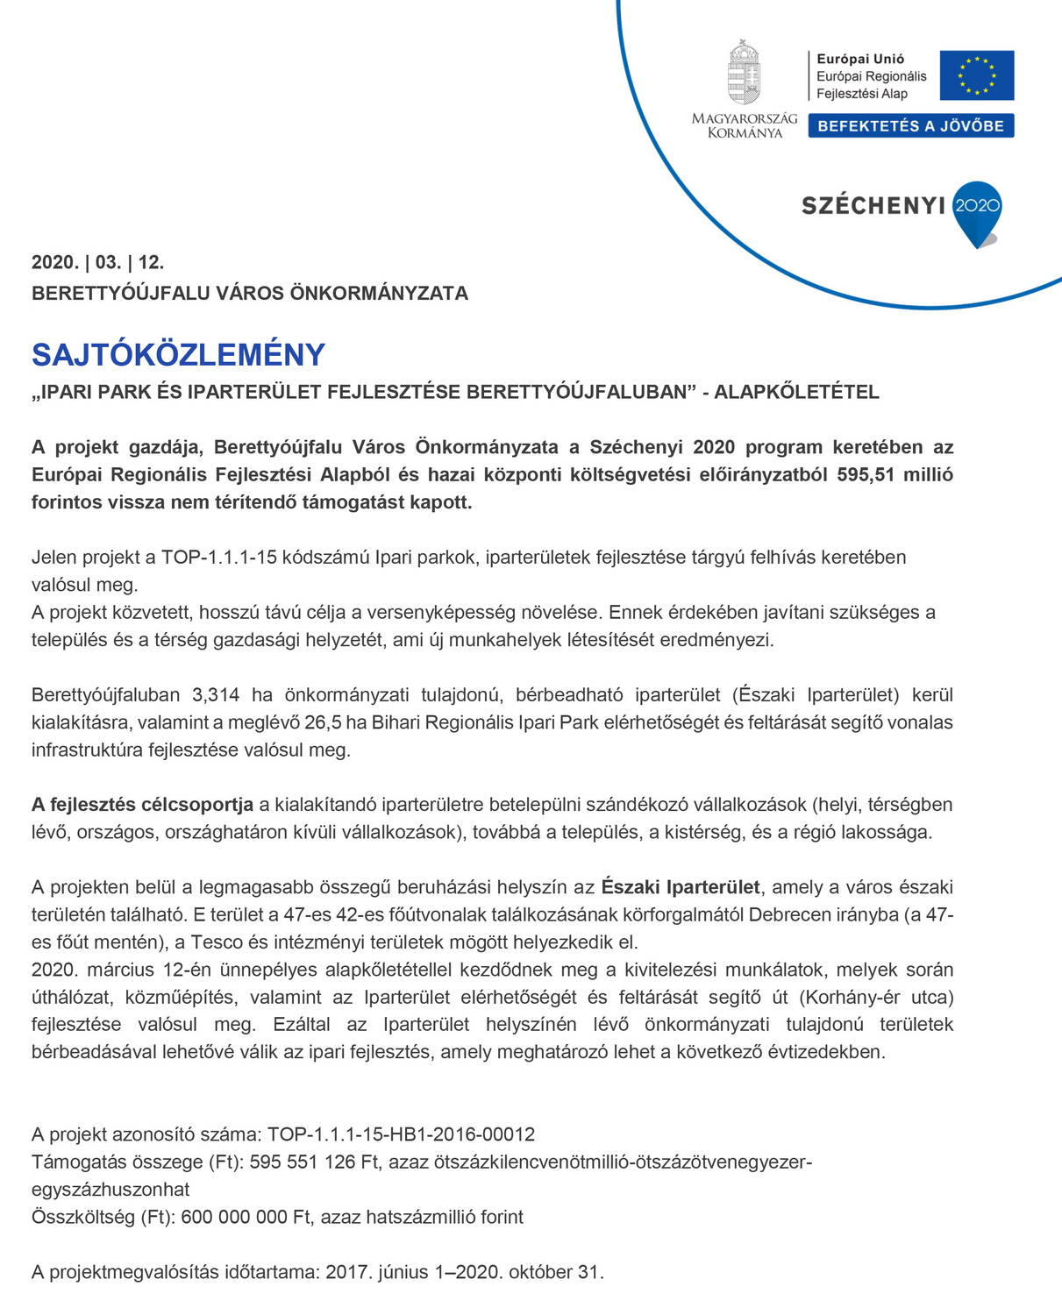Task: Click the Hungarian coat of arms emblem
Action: point(744,73)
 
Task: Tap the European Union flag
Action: point(976,75)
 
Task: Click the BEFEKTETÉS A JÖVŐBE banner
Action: point(910,126)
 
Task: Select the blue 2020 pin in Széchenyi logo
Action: point(977,210)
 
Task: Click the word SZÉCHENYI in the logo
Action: point(873,206)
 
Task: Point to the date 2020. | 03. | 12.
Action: point(97,262)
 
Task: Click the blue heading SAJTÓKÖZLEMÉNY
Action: point(178,355)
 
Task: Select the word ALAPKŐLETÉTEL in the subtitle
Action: point(796,392)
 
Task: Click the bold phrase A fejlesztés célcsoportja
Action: point(142,805)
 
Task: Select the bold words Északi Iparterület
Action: point(681,887)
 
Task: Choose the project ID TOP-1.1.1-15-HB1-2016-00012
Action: point(401,1134)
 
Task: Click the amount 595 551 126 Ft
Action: point(314,1162)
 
